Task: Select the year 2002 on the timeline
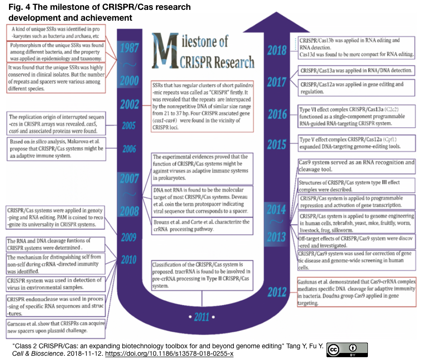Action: (x=128, y=104)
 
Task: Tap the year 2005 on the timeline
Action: (x=128, y=126)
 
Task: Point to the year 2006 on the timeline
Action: (x=128, y=149)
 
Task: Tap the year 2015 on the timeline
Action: (x=277, y=144)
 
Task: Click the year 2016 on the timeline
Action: (x=277, y=114)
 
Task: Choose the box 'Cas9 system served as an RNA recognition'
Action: (x=357, y=166)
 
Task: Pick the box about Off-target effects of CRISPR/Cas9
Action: (x=357, y=242)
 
